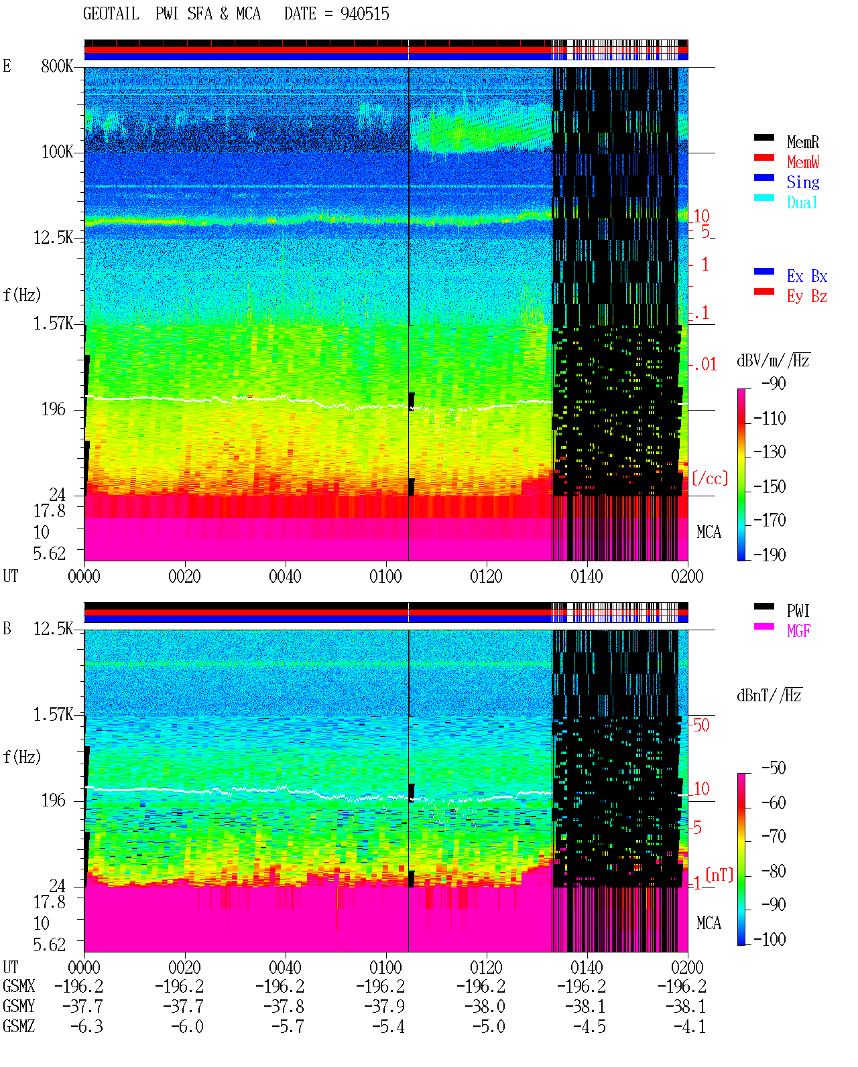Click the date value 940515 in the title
click(x=365, y=14)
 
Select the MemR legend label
click(x=802, y=142)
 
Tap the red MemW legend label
click(x=803, y=162)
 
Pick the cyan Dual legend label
click(x=802, y=202)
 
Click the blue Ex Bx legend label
click(x=806, y=276)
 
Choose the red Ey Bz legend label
click(x=806, y=297)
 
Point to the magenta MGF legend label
click(x=798, y=631)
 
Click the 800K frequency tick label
click(x=57, y=66)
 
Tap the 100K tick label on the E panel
click(x=57, y=152)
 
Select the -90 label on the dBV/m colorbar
click(x=774, y=383)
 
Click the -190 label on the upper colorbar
click(x=770, y=555)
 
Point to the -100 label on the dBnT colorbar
click(x=770, y=939)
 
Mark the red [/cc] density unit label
click(x=710, y=478)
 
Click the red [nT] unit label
click(x=719, y=875)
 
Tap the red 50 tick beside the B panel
click(x=701, y=725)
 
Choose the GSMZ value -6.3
click(x=86, y=1026)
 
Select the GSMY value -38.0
click(x=485, y=1007)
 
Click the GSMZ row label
click(x=19, y=1026)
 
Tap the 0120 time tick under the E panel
click(x=487, y=576)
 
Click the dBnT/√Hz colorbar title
click(x=770, y=695)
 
